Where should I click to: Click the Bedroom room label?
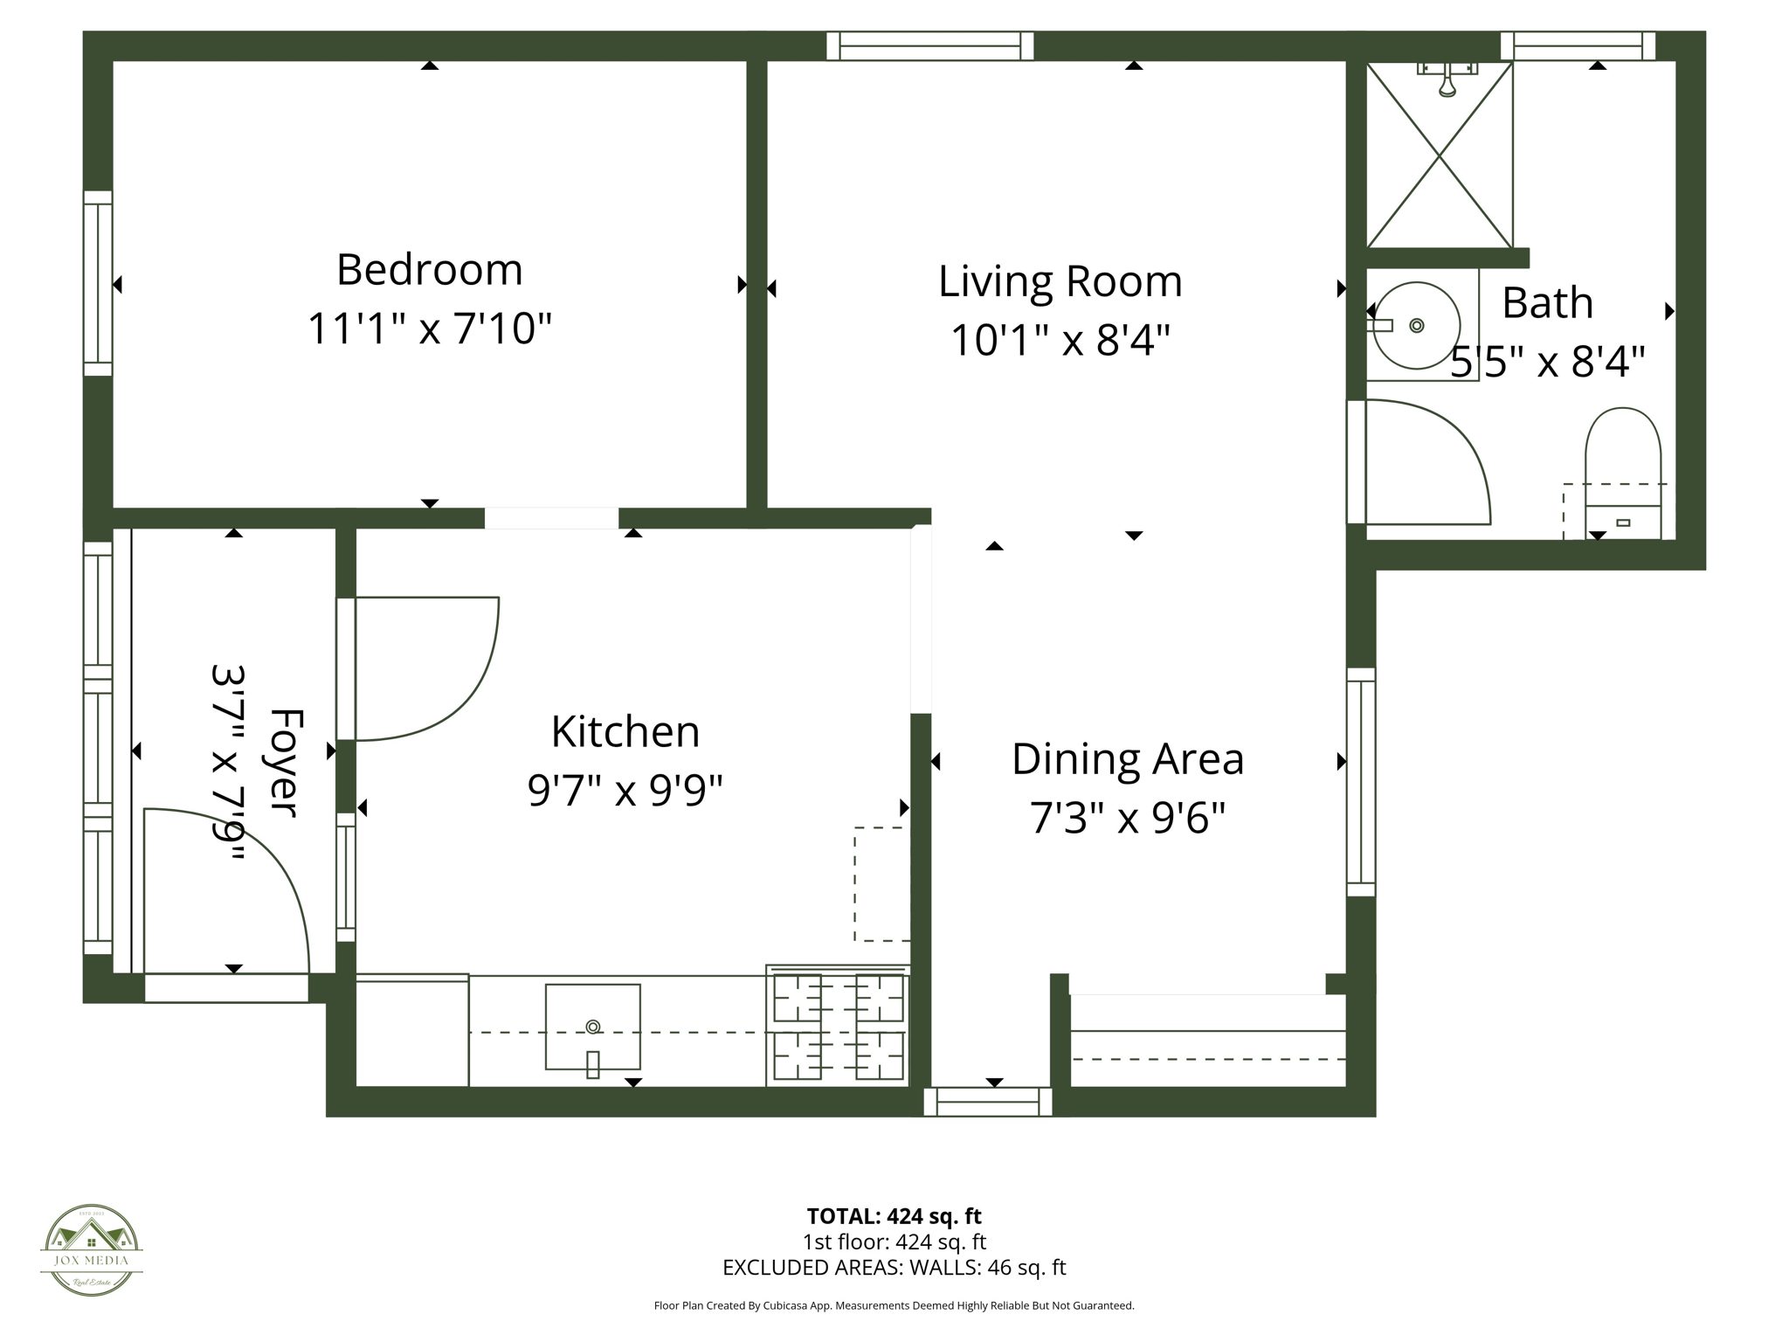pyautogui.click(x=429, y=269)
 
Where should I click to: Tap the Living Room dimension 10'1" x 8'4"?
pyautogui.click(x=1060, y=340)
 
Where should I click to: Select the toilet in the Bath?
pyautogui.click(x=1622, y=472)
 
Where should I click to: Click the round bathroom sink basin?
pyautogui.click(x=1416, y=325)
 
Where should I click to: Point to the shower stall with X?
pyautogui.click(x=1439, y=156)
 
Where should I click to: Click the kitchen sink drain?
pyautogui.click(x=593, y=1026)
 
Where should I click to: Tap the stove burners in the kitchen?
pyautogui.click(x=838, y=1027)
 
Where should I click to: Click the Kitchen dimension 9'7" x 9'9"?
pyautogui.click(x=625, y=791)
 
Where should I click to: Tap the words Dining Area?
pyautogui.click(x=1127, y=758)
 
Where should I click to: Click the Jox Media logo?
pyautogui.click(x=92, y=1249)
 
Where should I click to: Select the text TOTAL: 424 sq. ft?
pyautogui.click(x=894, y=1215)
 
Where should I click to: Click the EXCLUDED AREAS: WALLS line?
pyautogui.click(x=894, y=1267)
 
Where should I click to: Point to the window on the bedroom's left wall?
pyautogui.click(x=98, y=283)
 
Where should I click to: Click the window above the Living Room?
pyautogui.click(x=930, y=45)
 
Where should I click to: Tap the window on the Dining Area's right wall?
pyautogui.click(x=1360, y=782)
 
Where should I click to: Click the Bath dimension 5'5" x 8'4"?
pyautogui.click(x=1547, y=361)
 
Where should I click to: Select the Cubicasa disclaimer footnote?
pyautogui.click(x=894, y=1305)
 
